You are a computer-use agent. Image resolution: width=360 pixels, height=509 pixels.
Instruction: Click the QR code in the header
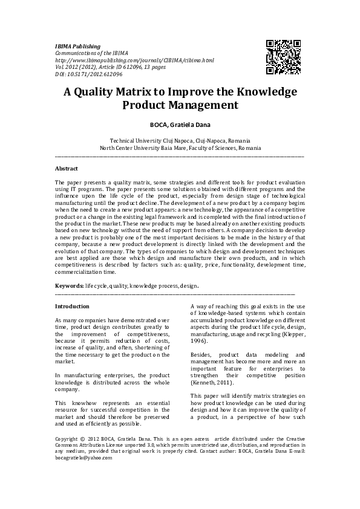click(284, 56)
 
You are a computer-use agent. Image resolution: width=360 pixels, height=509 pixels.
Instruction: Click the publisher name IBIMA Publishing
click(77, 47)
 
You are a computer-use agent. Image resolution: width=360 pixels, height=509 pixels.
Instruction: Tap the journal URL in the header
click(134, 60)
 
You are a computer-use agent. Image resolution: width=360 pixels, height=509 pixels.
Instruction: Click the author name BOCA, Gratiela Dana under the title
click(180, 125)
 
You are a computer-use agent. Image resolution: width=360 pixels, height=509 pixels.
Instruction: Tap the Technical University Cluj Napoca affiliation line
click(180, 140)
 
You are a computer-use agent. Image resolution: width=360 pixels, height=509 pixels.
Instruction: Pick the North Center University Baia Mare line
click(180, 148)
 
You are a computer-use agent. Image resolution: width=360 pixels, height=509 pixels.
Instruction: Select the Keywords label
click(69, 285)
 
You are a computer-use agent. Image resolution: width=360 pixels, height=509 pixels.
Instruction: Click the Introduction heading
click(72, 306)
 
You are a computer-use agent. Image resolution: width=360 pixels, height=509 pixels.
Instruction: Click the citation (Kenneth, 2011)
click(211, 383)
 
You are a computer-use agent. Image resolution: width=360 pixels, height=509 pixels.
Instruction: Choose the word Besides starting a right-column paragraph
click(201, 354)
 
